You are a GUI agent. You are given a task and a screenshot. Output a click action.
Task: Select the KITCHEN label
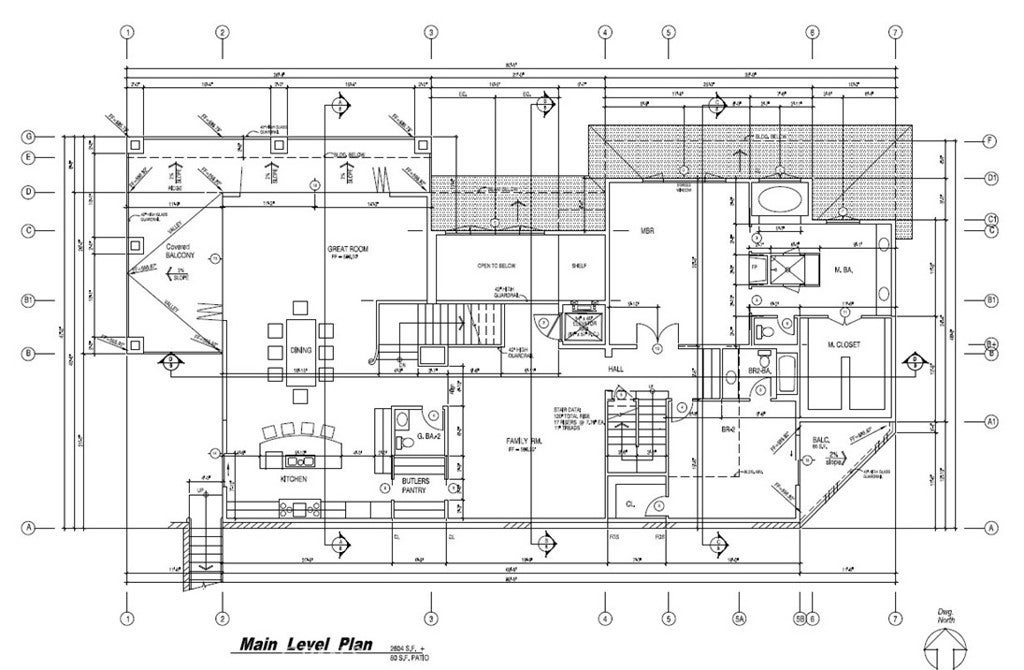click(292, 480)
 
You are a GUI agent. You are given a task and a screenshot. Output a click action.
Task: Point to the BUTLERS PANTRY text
click(415, 486)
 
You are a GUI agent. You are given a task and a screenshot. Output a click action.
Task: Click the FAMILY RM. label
click(522, 442)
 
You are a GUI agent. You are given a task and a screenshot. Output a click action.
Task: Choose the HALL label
click(615, 369)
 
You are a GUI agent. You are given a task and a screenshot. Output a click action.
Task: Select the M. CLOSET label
click(845, 345)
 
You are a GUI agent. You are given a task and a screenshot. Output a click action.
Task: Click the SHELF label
click(578, 267)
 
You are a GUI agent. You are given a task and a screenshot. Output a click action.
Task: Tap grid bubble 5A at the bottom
click(741, 617)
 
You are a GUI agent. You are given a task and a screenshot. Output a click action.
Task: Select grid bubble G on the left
click(30, 136)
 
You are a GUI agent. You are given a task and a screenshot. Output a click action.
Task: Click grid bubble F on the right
click(990, 140)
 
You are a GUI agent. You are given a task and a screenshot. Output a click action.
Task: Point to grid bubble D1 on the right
click(990, 178)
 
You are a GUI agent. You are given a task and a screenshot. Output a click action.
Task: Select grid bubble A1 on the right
click(990, 421)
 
